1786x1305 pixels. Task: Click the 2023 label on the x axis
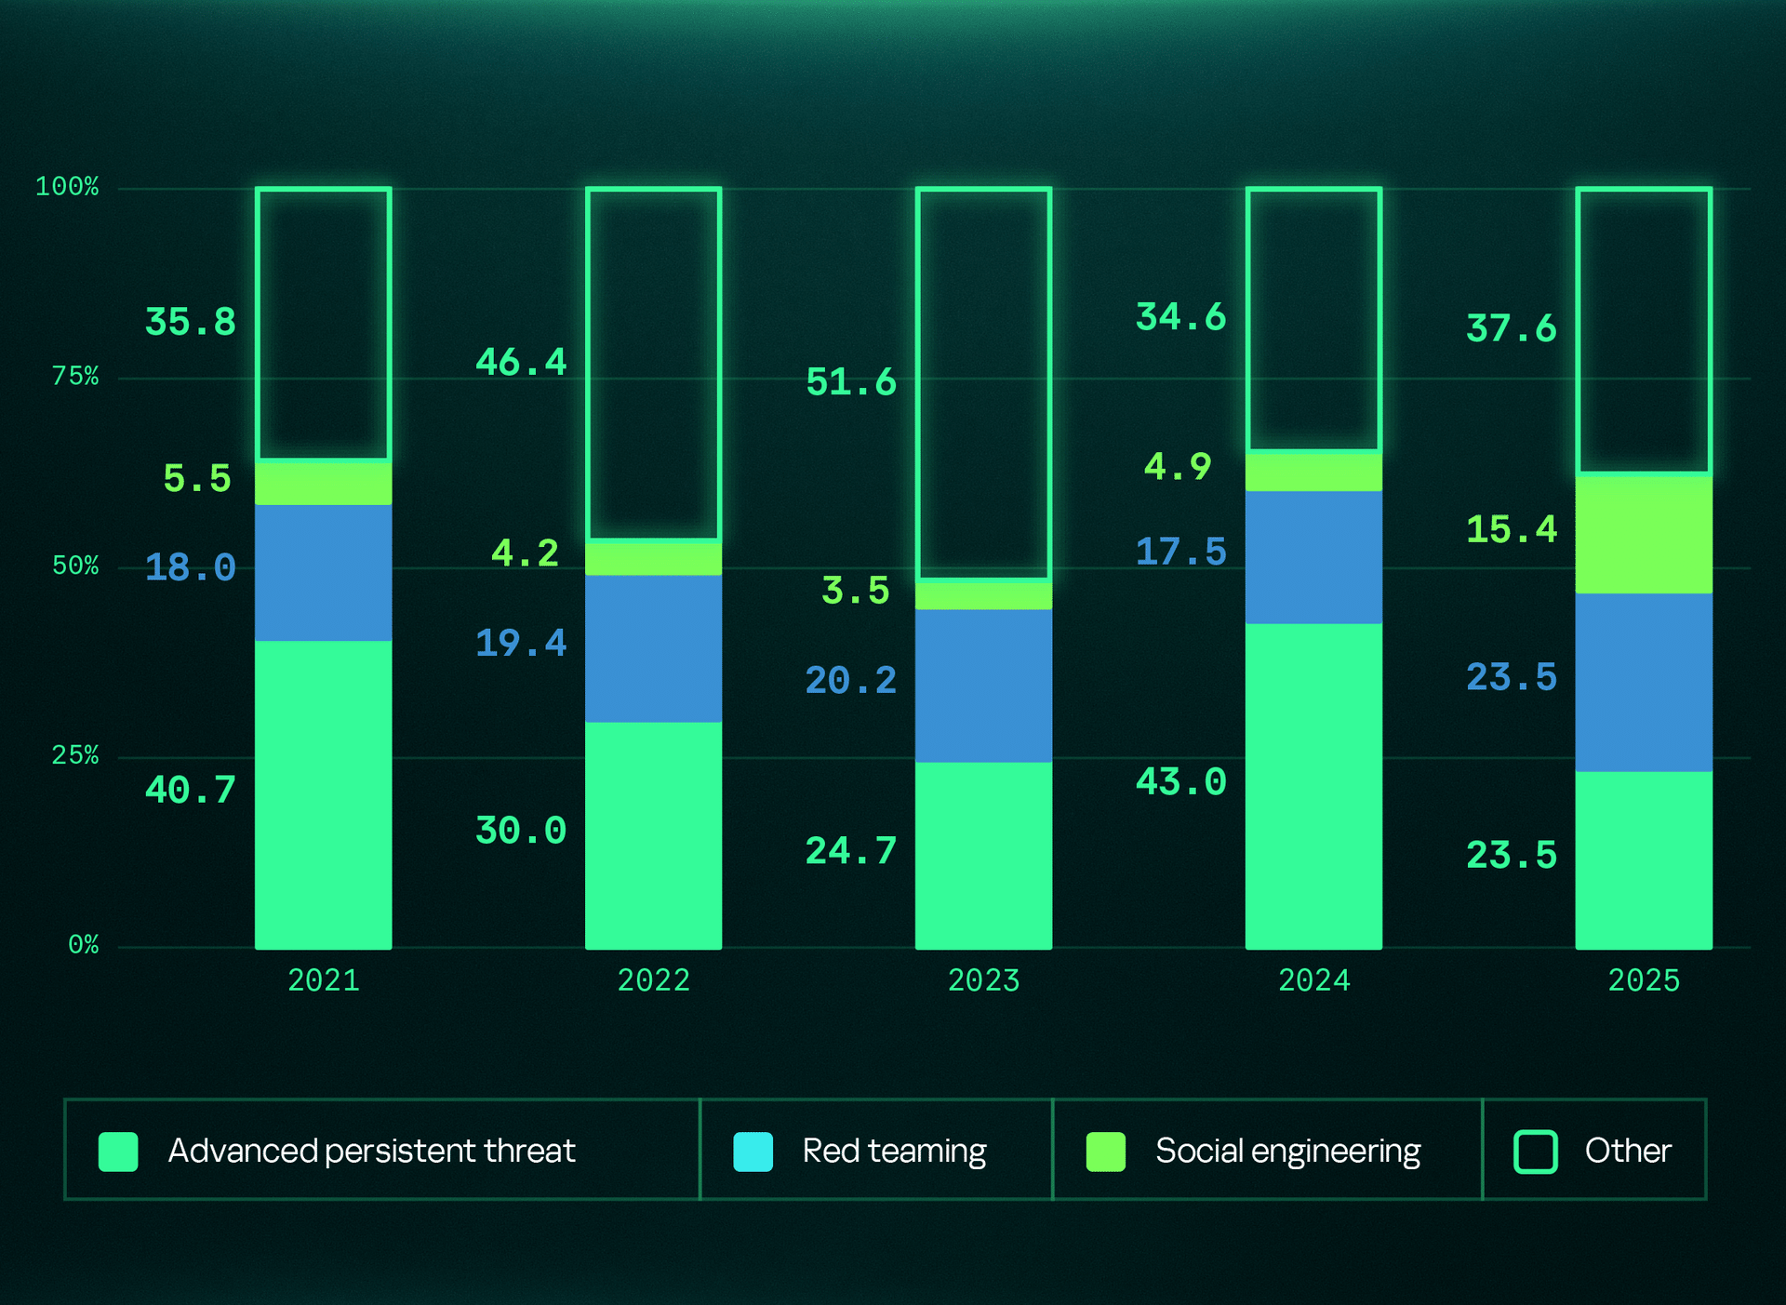pyautogui.click(x=983, y=980)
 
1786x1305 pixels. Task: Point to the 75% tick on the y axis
pyautogui.click(x=74, y=376)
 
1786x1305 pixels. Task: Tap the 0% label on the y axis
pyautogui.click(x=83, y=945)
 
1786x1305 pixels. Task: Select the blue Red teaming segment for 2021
pyautogui.click(x=323, y=573)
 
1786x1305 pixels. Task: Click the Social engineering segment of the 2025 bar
pyautogui.click(x=1644, y=534)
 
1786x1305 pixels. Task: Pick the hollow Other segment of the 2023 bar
pyautogui.click(x=983, y=383)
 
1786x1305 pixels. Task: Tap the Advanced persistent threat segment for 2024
pyautogui.click(x=1313, y=786)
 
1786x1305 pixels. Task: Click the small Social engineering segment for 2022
pyautogui.click(x=653, y=558)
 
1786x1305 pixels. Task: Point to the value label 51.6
pyautogui.click(x=850, y=382)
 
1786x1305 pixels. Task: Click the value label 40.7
pyautogui.click(x=190, y=790)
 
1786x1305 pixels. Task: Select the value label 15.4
pyautogui.click(x=1511, y=529)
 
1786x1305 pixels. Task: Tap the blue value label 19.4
pyautogui.click(x=520, y=643)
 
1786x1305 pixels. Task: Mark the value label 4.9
pyautogui.click(x=1178, y=466)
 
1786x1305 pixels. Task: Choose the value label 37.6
pyautogui.click(x=1511, y=328)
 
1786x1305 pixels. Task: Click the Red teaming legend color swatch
pyautogui.click(x=753, y=1152)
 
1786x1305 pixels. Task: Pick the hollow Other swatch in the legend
pyautogui.click(x=1535, y=1152)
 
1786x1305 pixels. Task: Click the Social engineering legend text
pyautogui.click(x=1287, y=1152)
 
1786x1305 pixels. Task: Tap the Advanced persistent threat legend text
pyautogui.click(x=371, y=1152)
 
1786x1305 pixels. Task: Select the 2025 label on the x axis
pyautogui.click(x=1644, y=980)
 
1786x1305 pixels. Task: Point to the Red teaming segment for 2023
pyautogui.click(x=983, y=686)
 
